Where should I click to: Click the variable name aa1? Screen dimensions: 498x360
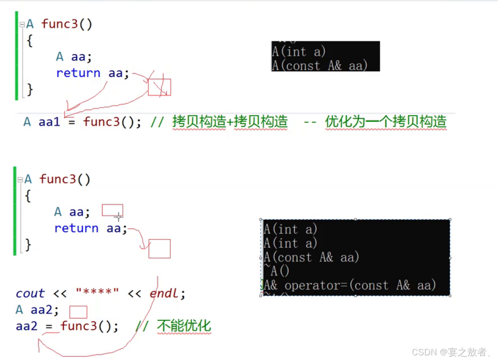click(x=49, y=122)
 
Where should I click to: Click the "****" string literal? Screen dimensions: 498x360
click(x=97, y=293)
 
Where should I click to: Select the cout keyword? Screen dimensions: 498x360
click(x=30, y=293)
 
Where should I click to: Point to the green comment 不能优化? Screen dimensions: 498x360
click(x=184, y=326)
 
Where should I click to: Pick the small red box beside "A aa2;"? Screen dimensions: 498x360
click(x=78, y=312)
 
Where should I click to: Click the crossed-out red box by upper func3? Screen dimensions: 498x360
click(x=159, y=87)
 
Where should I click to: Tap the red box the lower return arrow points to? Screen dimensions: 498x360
click(x=159, y=249)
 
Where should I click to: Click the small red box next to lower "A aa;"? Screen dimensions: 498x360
click(x=112, y=210)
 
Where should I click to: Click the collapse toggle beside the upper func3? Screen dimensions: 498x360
click(x=22, y=24)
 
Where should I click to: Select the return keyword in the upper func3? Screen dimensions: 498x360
click(x=78, y=73)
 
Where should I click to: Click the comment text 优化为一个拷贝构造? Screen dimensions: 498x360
click(x=386, y=122)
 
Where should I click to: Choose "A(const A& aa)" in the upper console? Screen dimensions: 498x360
click(x=320, y=66)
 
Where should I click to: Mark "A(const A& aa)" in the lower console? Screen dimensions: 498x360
click(x=311, y=257)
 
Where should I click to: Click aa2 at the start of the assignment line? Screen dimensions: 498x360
click(x=27, y=326)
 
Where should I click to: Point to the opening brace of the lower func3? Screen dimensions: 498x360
click(x=28, y=196)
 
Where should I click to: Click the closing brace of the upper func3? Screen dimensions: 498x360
click(x=30, y=89)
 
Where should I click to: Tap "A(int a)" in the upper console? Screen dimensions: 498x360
click(x=299, y=52)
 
